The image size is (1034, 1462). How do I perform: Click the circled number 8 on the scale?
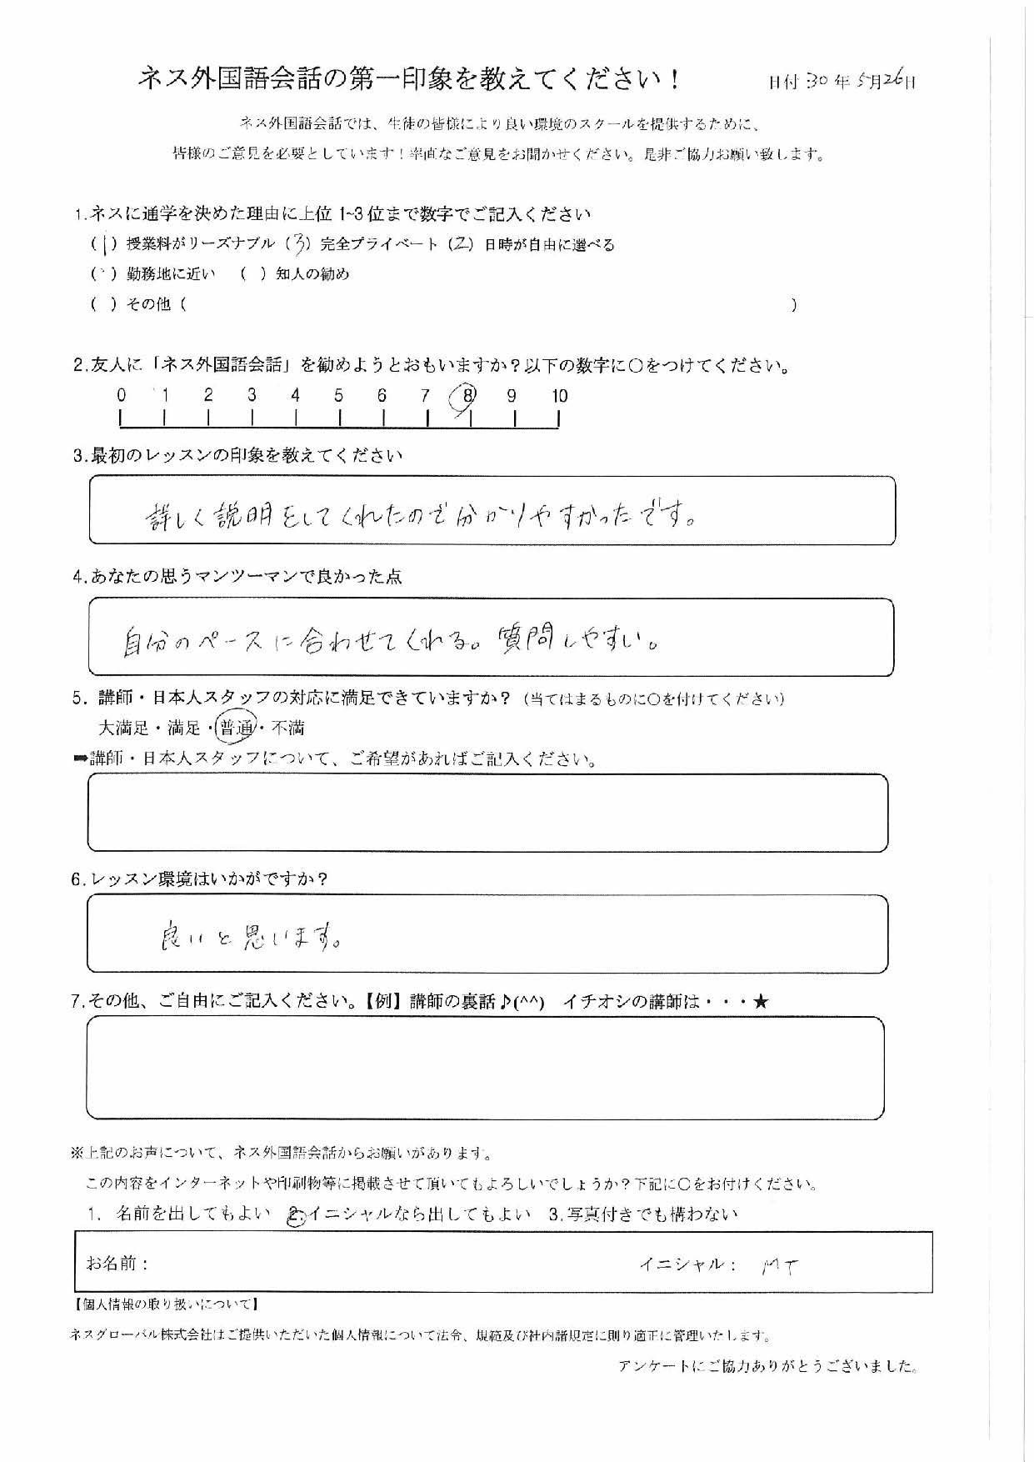click(467, 396)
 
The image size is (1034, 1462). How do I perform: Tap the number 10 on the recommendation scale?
click(559, 396)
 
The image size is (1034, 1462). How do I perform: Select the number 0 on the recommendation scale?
click(122, 395)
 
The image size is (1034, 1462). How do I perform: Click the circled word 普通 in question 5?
click(236, 728)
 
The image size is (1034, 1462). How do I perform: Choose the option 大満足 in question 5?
click(123, 728)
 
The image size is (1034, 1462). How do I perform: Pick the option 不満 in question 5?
click(287, 728)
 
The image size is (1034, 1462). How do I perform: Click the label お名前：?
click(117, 1264)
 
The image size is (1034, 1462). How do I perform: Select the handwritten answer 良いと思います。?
click(250, 939)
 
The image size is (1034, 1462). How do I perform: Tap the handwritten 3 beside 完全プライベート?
click(302, 245)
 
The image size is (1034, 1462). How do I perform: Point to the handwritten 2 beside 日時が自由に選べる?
click(461, 245)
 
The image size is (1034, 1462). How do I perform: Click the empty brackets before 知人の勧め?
click(252, 274)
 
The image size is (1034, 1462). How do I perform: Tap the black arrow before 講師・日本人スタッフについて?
click(81, 759)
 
